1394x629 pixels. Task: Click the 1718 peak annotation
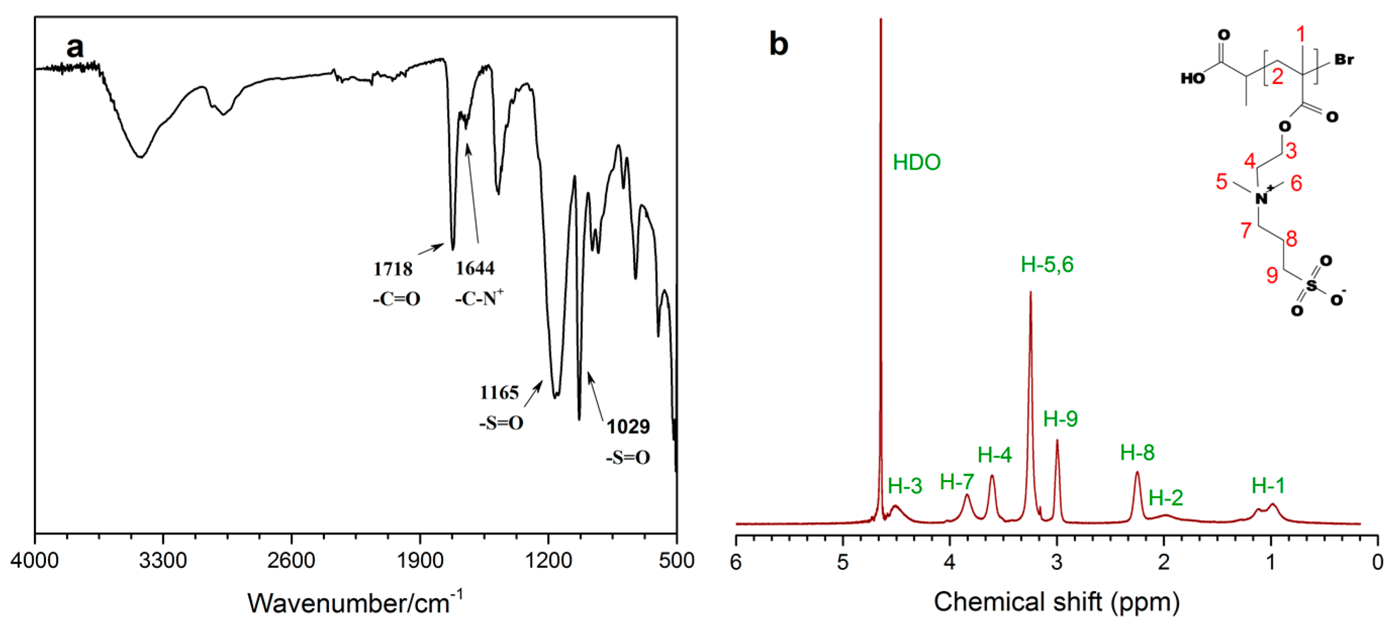393,269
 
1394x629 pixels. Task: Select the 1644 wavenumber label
474,268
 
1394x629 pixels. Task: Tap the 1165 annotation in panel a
499,393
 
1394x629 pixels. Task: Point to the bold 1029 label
628,427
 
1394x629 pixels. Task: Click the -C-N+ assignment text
479,298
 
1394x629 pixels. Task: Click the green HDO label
916,162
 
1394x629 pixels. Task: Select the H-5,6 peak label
1046,265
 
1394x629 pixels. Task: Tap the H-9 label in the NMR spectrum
1060,418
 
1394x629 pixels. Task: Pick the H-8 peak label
1137,452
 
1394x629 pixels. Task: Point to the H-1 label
1268,486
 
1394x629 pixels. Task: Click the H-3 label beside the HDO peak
905,486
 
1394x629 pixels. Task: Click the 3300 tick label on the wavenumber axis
163,561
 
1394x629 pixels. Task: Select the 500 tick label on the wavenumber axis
676,561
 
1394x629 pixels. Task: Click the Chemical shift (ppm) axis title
1056,602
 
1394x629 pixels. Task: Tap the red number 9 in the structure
1272,275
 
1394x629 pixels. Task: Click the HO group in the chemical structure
1192,79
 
